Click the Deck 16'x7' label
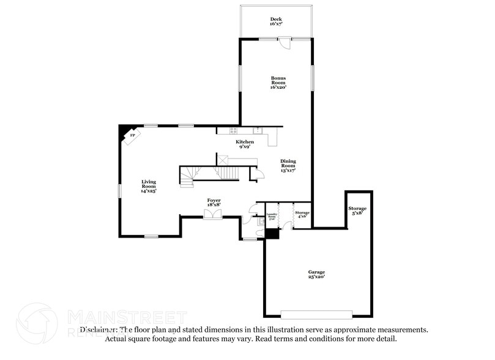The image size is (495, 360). coord(276,22)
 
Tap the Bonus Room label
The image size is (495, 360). coord(278,83)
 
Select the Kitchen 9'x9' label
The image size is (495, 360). coord(245,144)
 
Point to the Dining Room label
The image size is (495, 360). coord(288,165)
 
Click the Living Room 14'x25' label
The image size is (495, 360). coord(149,186)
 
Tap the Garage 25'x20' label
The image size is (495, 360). coord(316,274)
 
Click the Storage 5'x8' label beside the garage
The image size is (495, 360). coord(358,211)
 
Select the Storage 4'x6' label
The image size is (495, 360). coord(302,214)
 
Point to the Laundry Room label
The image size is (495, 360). coord(272,216)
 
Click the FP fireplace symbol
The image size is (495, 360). coord(132,135)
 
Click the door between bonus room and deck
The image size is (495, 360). coord(284,42)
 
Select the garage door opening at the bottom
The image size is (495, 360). coord(316,314)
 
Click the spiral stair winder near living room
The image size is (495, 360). coord(188,176)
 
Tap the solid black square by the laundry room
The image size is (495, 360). coord(272,233)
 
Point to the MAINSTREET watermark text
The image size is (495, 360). coord(127,317)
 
